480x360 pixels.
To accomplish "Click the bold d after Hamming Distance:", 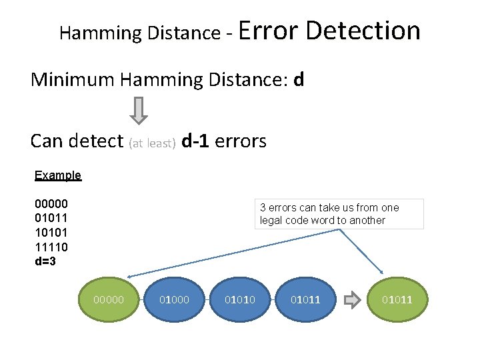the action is coord(299,80).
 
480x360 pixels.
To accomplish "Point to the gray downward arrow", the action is coord(138,110).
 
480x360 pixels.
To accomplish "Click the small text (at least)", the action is coord(152,143).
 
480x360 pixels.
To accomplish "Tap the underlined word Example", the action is coord(57,175).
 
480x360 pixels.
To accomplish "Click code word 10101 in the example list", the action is coord(51,233).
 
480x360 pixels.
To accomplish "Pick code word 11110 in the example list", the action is coord(51,247).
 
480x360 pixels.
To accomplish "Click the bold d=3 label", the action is coord(45,261).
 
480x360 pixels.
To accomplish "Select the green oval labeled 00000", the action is coord(109,300).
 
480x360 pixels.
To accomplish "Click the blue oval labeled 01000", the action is coord(174,300).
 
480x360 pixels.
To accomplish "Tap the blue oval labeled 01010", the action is coord(240,300).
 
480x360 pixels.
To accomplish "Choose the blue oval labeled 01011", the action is coord(305,300).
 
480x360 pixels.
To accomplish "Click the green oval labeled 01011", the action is coord(397,300).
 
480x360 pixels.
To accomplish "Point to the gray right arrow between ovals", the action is coord(351,300).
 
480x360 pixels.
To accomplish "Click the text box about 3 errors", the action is coord(339,214).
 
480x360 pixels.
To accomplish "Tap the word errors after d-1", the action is coord(241,141).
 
